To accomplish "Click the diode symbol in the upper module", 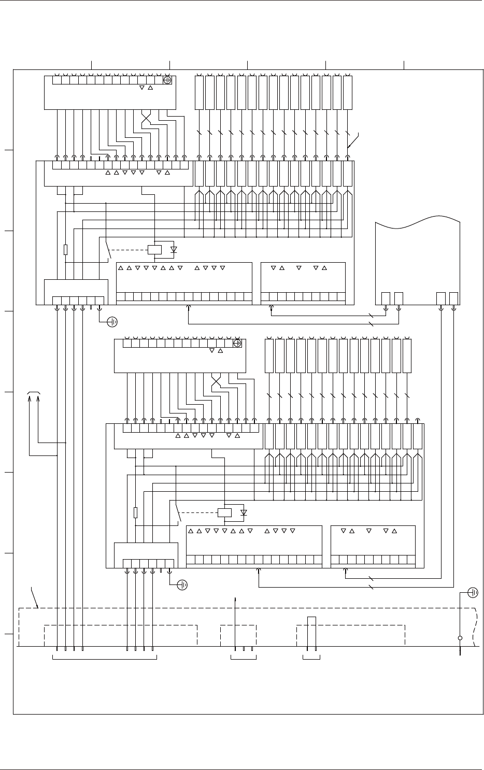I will (174, 249).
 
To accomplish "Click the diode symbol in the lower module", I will (244, 512).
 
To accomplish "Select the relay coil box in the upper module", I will (155, 250).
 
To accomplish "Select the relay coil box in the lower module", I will (224, 513).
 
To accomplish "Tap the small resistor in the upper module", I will (65, 250).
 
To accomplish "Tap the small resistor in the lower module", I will (135, 512).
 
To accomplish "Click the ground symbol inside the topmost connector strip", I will (167, 80).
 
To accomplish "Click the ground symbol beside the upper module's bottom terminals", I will (112, 322).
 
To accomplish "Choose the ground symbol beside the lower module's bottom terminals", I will (182, 585).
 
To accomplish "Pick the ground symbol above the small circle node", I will (473, 592).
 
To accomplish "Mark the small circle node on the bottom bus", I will (460, 638).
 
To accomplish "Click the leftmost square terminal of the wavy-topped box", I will (386, 298).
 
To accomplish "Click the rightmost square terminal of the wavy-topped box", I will (454, 298).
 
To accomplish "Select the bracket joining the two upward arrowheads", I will (34, 393).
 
